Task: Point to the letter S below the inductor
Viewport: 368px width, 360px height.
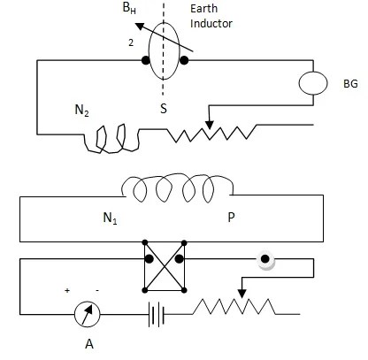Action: [163, 110]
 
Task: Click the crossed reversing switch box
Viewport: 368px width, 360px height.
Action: [163, 274]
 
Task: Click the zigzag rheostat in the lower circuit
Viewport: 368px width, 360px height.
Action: [234, 309]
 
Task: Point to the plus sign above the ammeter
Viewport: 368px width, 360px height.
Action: [67, 289]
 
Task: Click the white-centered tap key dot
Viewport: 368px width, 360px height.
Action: [264, 262]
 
